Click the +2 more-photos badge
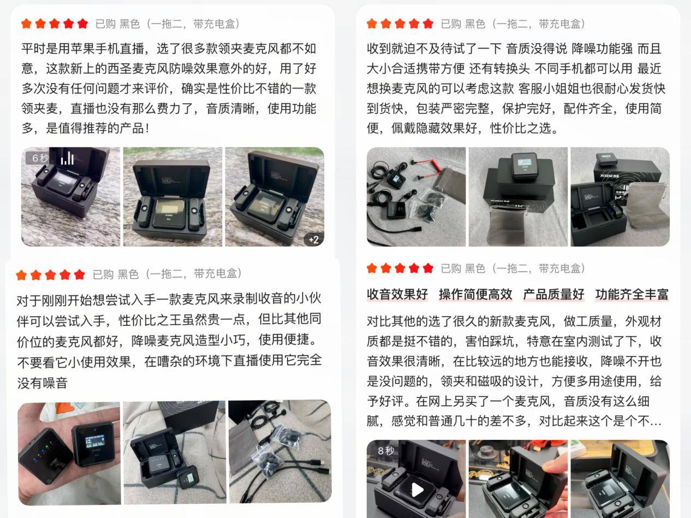(313, 239)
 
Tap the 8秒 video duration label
(385, 451)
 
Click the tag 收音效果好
(397, 295)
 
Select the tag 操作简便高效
(475, 295)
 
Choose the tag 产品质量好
(553, 295)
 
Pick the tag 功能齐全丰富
(632, 295)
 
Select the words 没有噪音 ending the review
(43, 383)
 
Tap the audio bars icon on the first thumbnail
(67, 158)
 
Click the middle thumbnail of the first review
(172, 197)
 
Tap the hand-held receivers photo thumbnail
(69, 453)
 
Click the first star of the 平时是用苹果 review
(26, 23)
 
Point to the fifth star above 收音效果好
(428, 268)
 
